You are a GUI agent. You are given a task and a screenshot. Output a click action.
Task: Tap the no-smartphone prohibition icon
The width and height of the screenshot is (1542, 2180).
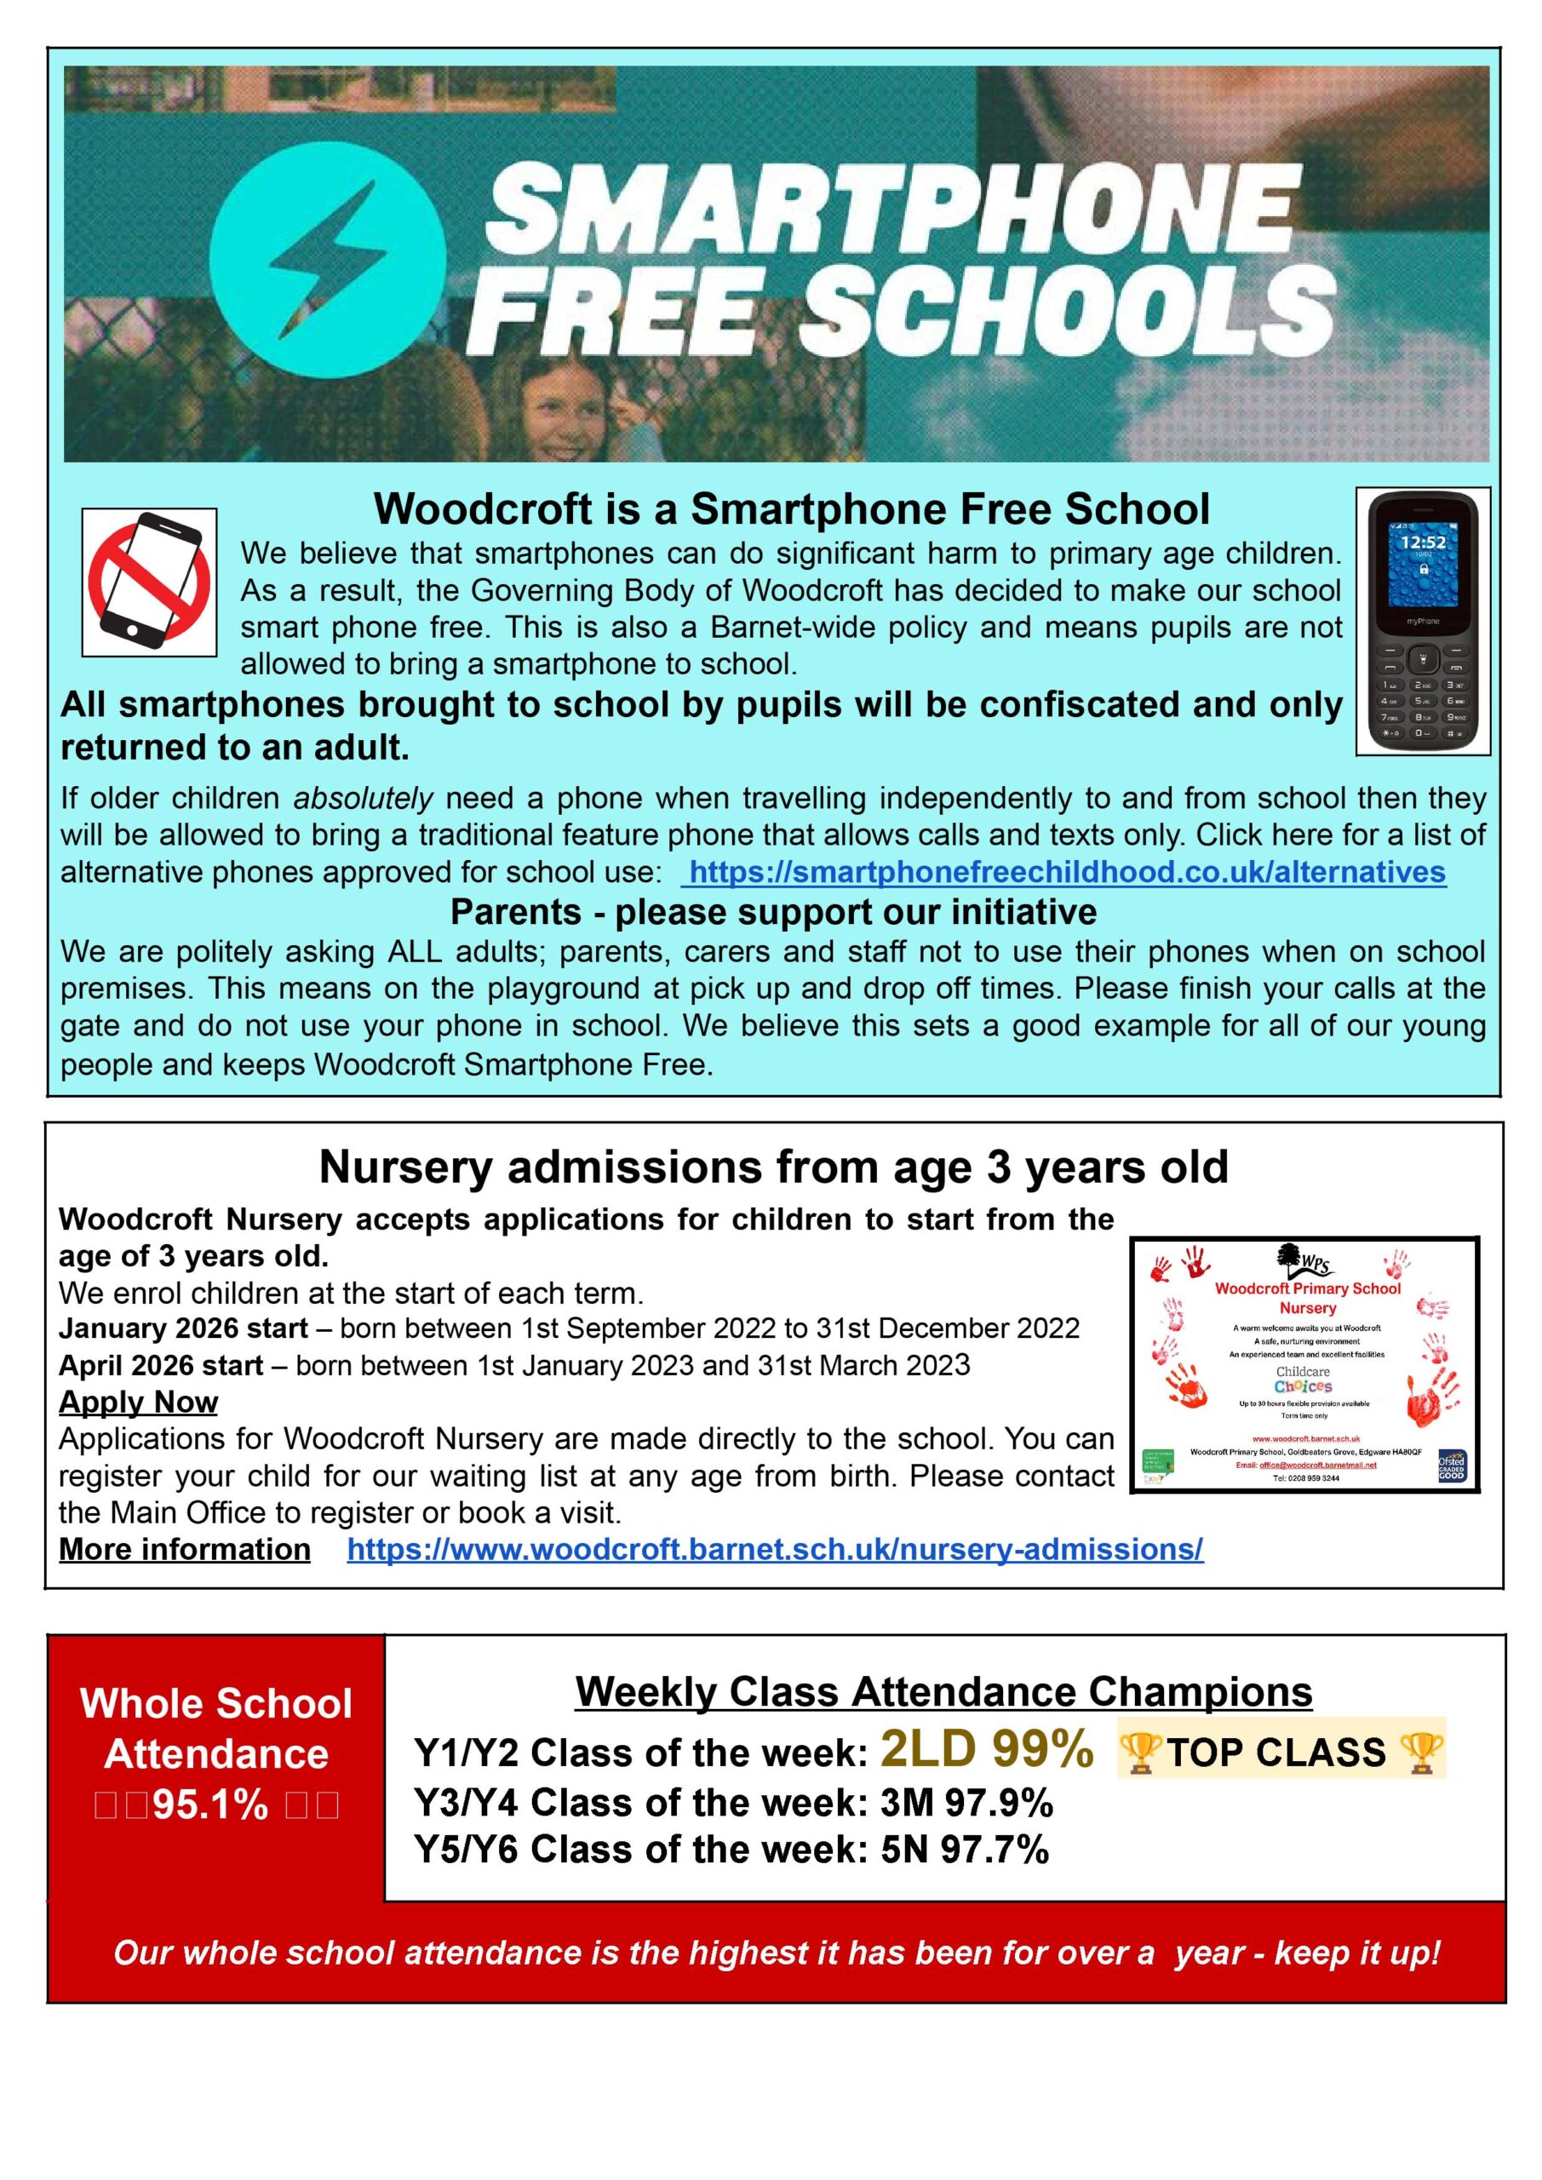click(149, 582)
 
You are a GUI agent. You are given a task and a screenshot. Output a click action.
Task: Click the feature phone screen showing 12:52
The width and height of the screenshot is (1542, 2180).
click(1422, 564)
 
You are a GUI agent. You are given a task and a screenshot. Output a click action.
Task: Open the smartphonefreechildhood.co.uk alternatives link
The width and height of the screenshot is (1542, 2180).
click(1067, 873)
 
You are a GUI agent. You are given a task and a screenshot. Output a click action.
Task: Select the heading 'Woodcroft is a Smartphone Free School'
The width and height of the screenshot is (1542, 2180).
click(791, 509)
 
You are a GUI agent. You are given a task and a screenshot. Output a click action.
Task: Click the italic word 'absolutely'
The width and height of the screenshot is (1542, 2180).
click(363, 799)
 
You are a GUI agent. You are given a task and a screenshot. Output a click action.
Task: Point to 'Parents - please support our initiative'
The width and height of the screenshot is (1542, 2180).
click(773, 911)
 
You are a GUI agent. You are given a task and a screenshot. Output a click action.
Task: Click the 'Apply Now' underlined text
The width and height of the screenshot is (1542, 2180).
click(139, 1402)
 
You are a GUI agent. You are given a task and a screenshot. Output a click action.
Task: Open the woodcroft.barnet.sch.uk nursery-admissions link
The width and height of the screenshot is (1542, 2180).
click(775, 1550)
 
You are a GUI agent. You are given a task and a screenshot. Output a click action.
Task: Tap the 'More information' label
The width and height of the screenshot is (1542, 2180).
click(185, 1550)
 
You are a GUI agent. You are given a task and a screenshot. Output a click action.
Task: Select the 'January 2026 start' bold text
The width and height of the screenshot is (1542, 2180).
click(183, 1328)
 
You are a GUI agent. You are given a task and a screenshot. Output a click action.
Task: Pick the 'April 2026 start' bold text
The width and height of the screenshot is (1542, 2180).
click(160, 1365)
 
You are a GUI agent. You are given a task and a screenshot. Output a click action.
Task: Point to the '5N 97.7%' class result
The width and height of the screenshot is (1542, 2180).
click(965, 1850)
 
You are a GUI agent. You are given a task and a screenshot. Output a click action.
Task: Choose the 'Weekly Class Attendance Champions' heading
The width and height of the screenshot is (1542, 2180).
click(943, 1692)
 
